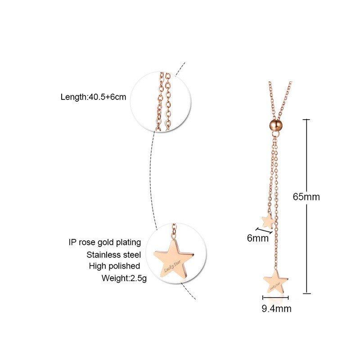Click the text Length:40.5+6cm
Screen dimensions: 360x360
(x=93, y=97)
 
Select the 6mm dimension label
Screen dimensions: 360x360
(x=257, y=238)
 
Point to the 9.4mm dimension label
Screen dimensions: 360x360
(x=276, y=309)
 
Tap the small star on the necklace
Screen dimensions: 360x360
(x=267, y=220)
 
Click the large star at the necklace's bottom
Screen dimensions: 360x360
(x=275, y=282)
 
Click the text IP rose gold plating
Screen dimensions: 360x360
(x=105, y=243)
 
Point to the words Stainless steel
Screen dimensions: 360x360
(x=114, y=254)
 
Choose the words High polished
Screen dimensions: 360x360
(x=114, y=266)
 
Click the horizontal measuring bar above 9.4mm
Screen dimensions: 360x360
(x=275, y=298)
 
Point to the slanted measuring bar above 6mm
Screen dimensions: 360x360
(x=265, y=230)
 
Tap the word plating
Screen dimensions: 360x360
(x=129, y=243)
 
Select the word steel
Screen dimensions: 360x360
(x=131, y=254)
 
